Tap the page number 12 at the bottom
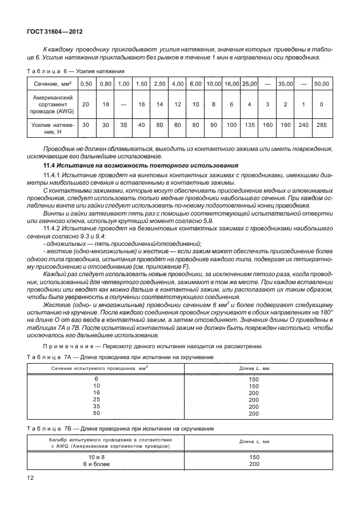tap(30, 477)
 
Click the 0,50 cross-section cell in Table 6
tap(86, 83)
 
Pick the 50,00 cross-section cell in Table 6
tap(321, 83)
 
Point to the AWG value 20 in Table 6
tap(86, 105)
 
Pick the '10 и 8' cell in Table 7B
tap(104, 457)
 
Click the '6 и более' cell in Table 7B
tap(104, 464)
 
